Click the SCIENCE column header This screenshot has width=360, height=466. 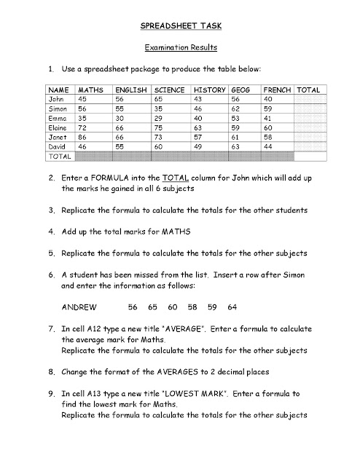(x=169, y=90)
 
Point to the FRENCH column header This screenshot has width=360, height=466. (x=277, y=90)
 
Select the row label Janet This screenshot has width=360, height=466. (x=57, y=137)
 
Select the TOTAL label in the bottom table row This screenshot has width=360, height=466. (x=58, y=156)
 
